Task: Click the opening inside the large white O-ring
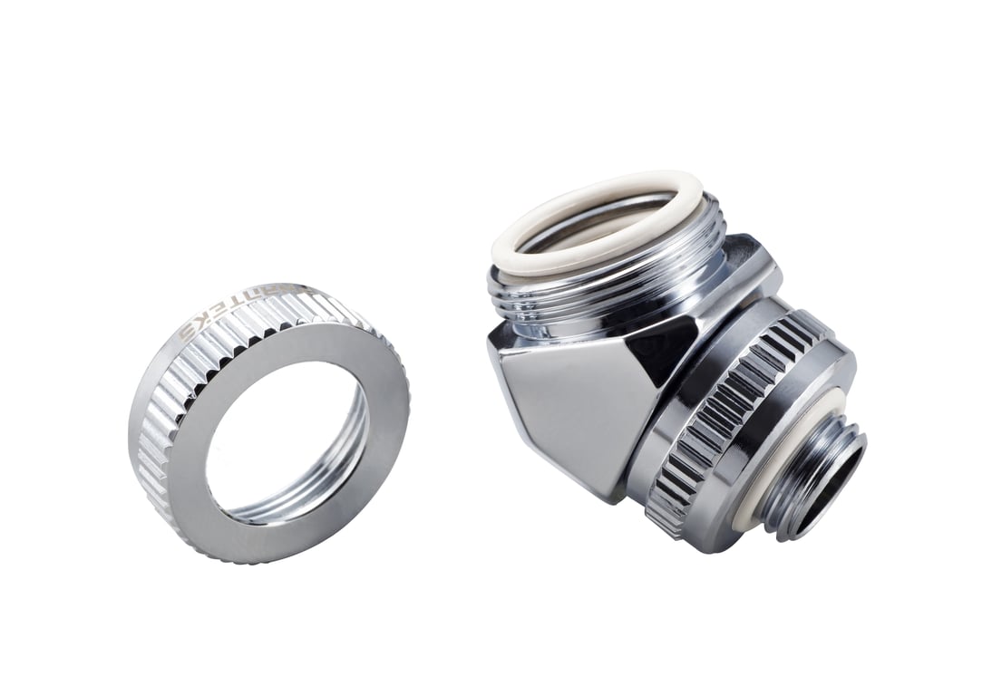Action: [x=598, y=217]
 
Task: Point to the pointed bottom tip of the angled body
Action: [x=617, y=494]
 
